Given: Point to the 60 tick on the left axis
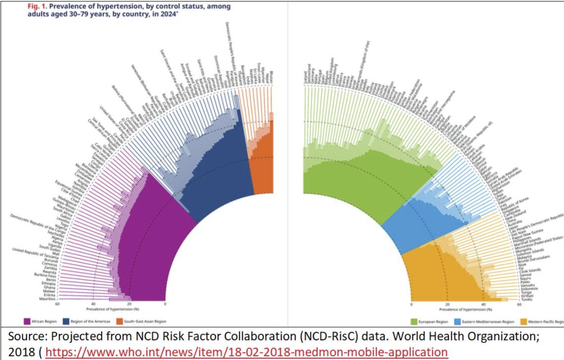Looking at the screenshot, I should click(58, 304).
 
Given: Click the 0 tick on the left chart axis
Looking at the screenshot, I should click(165, 304).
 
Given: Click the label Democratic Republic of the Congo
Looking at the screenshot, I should click(37, 222).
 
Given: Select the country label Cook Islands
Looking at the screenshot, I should click(530, 270).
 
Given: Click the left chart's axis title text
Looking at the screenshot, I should click(111, 310).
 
